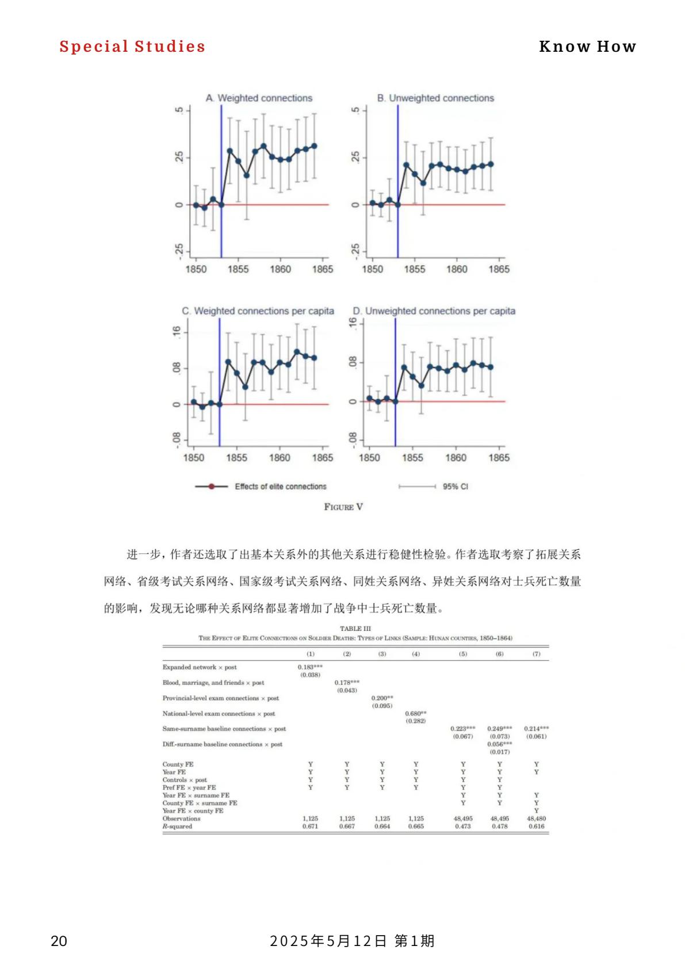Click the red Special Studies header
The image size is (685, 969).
132,47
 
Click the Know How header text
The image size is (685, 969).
587,47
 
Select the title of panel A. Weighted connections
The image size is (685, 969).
259,98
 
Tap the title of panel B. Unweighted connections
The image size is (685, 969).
435,98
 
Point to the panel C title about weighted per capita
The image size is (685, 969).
258,311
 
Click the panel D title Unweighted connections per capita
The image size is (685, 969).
434,311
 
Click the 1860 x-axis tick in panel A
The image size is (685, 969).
280,269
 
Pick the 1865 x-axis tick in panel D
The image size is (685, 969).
499,458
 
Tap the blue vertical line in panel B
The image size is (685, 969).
397,173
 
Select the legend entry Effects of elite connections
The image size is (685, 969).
280,487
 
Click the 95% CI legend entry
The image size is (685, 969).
455,487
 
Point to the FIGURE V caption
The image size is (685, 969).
343,507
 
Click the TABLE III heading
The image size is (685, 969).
355,629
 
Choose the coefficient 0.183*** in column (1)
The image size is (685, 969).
310,667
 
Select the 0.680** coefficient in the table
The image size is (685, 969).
416,714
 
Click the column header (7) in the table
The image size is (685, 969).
536,654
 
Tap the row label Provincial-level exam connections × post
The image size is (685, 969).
220,698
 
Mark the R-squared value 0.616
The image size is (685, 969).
536,826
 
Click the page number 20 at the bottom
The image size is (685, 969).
59,941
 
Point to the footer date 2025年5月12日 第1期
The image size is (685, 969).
352,941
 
